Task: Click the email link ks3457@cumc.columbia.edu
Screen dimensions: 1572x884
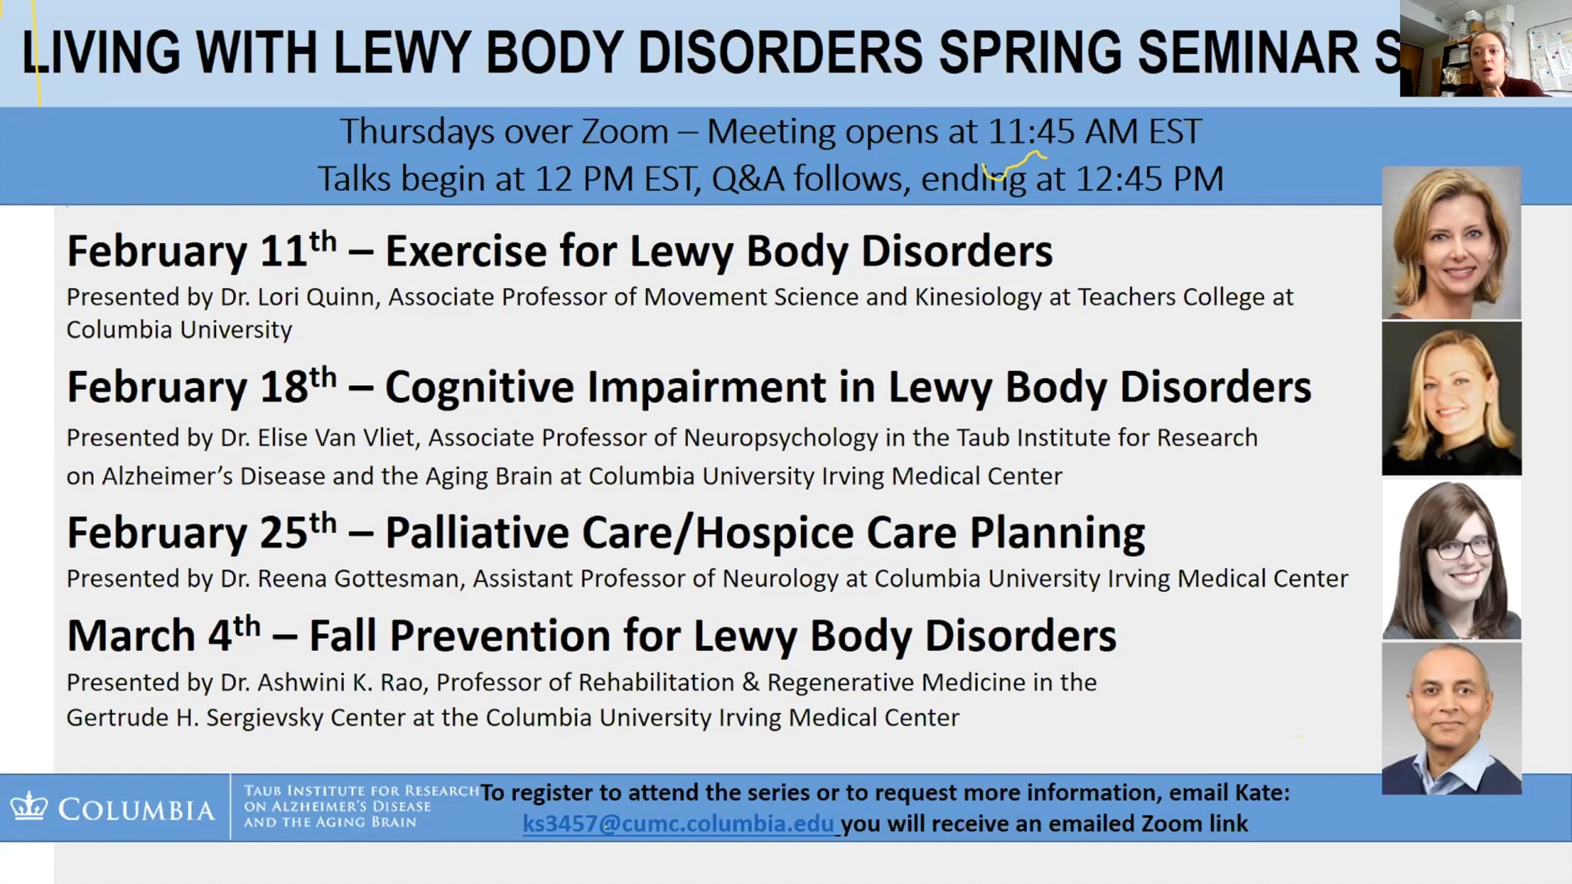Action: (678, 823)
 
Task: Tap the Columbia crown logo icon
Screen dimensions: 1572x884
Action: (28, 806)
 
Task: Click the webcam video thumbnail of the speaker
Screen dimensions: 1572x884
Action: (1486, 48)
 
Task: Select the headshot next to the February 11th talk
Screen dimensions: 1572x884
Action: (1451, 242)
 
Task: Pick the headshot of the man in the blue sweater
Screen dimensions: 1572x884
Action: (1451, 718)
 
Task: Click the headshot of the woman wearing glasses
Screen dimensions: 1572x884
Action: (1451, 560)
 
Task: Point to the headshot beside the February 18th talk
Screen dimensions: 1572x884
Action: (1451, 398)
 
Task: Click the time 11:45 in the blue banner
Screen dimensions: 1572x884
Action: (1031, 131)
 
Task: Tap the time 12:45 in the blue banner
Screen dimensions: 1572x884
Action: (1119, 178)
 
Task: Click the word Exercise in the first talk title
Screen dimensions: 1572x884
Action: (466, 251)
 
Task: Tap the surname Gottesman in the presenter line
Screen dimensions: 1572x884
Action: (400, 578)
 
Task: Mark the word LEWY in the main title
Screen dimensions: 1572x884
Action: (402, 52)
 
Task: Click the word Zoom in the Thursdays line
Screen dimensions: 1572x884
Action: (625, 131)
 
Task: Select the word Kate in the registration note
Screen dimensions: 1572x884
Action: (1262, 792)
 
